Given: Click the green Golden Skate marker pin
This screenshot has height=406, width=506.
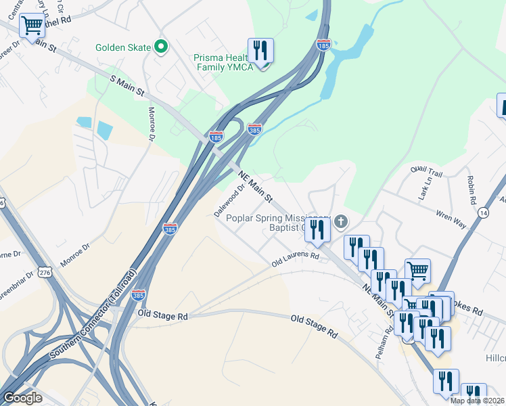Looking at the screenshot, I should point(161,47).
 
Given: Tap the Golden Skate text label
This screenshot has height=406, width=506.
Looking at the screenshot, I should point(124,48).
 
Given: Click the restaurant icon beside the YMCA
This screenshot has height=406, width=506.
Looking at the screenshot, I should point(260,51).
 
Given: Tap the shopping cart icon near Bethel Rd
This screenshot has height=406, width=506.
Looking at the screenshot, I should point(32,26).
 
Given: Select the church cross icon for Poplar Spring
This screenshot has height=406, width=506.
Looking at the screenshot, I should point(341,221).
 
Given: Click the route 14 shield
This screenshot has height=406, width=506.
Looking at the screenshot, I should point(482,212).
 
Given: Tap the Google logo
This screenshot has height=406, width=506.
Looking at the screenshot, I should point(22,398).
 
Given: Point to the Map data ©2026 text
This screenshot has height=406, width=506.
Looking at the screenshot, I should point(478,401).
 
